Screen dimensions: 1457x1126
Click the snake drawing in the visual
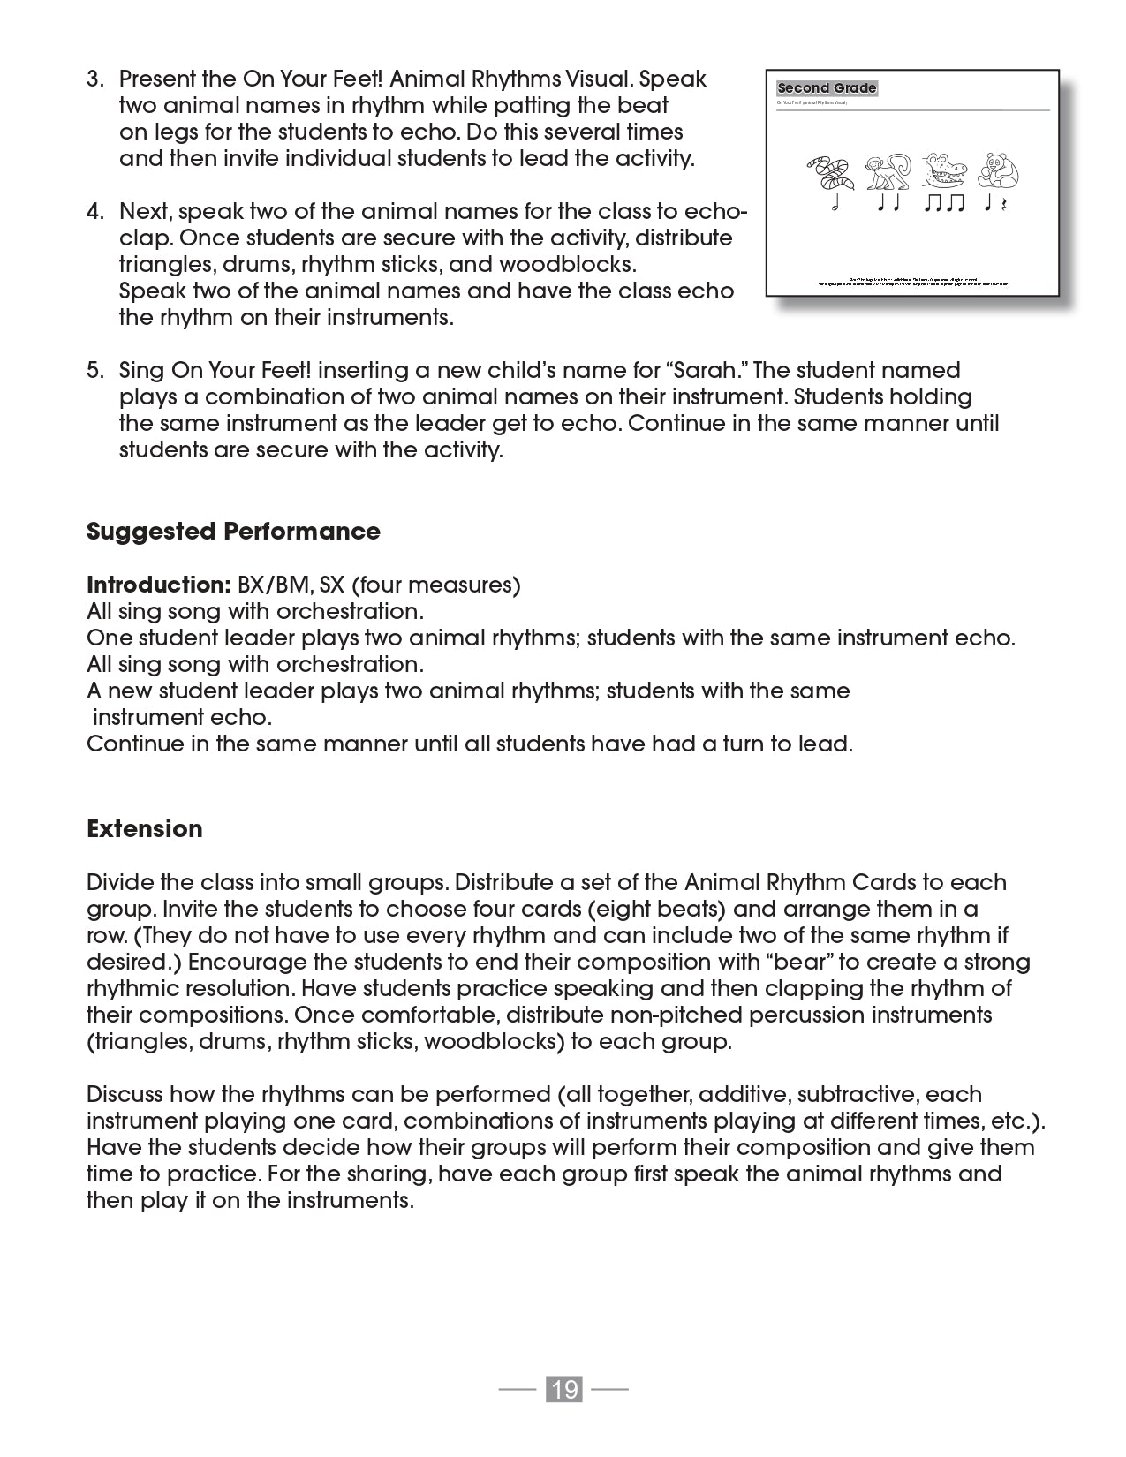coord(831,171)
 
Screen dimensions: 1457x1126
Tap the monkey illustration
coord(887,171)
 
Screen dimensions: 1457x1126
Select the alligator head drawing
coord(943,170)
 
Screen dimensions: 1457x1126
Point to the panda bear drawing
coord(998,170)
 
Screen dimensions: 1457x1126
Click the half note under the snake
coord(833,204)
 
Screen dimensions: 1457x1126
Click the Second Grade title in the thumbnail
coord(827,88)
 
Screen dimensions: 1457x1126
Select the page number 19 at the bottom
coord(563,1389)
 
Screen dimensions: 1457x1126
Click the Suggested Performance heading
coord(233,532)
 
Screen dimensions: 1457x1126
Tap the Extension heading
coord(145,829)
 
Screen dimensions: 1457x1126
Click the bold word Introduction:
coord(159,585)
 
